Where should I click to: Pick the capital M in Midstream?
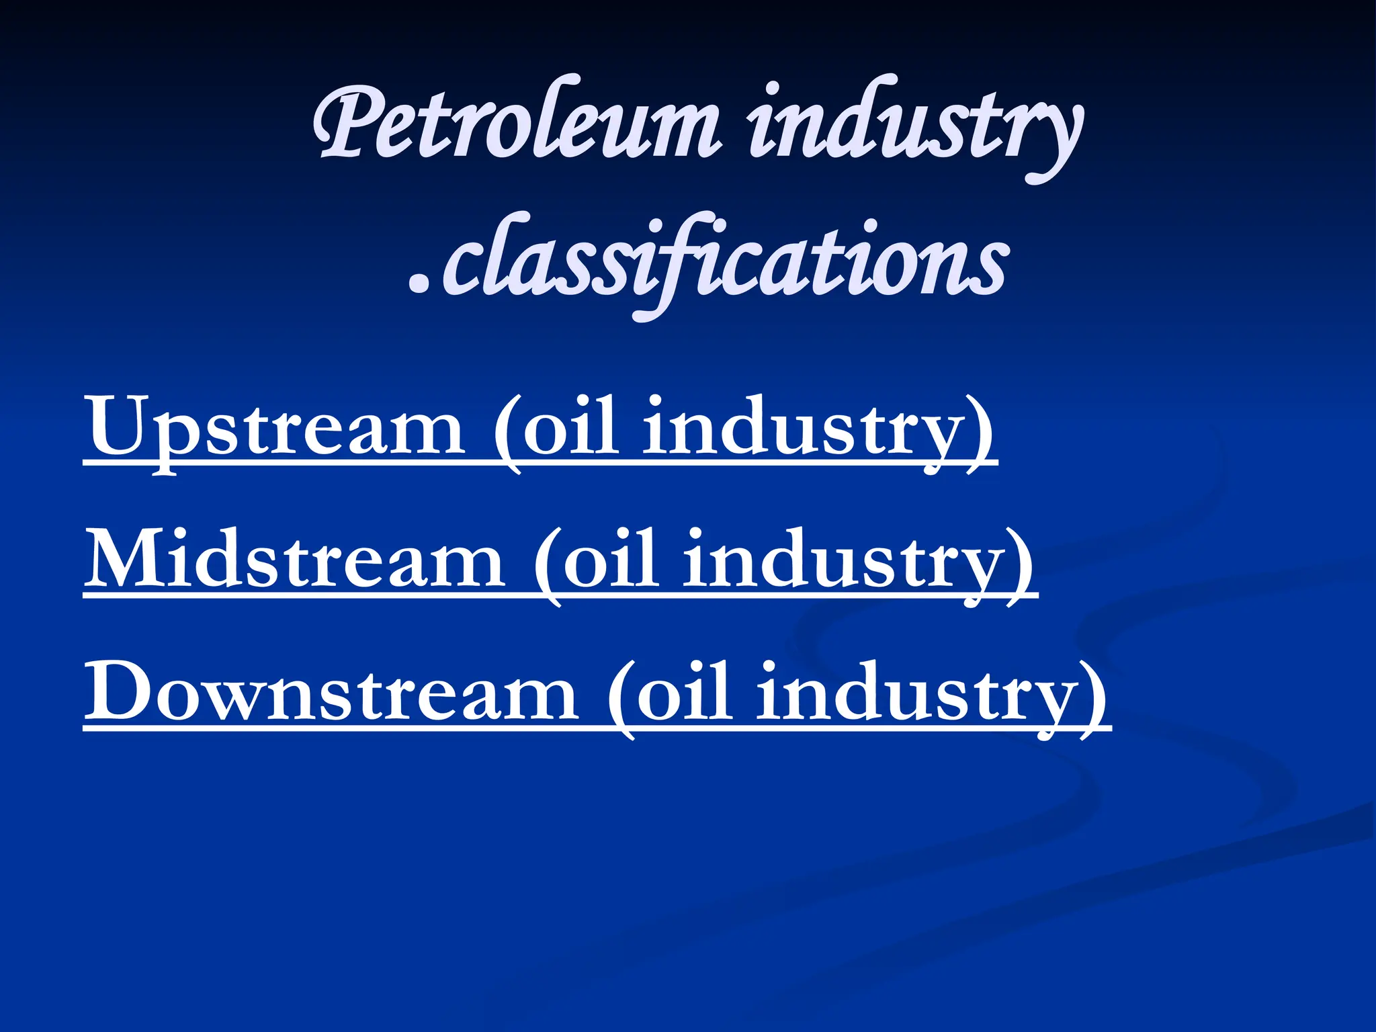click(x=128, y=558)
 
